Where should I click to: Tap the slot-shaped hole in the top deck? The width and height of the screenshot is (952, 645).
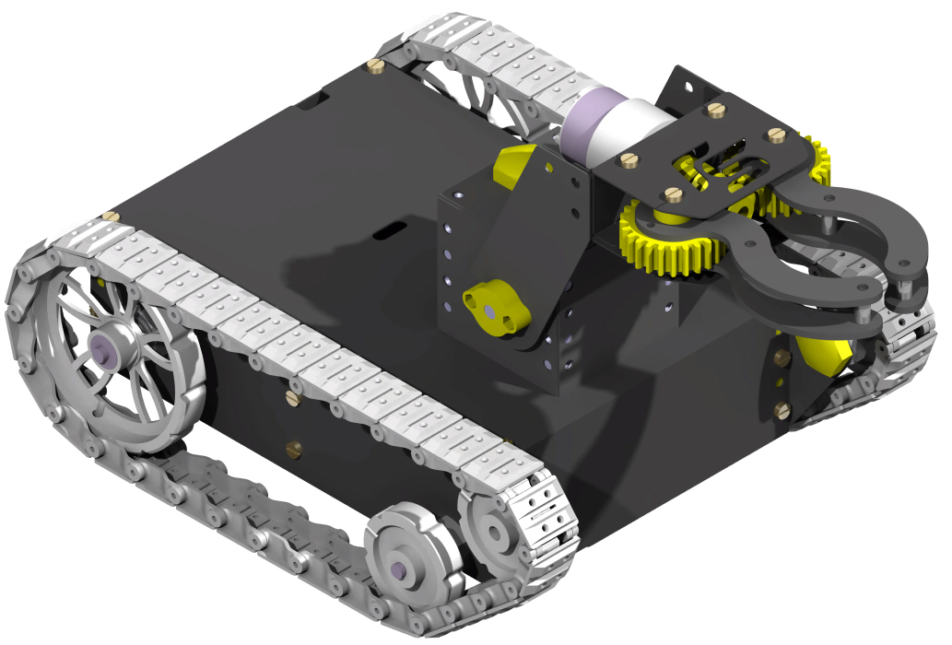click(393, 228)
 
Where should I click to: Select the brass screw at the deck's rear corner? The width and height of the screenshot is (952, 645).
click(375, 65)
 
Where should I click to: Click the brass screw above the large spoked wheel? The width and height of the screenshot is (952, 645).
click(110, 216)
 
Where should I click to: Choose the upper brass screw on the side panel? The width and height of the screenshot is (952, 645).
click(293, 398)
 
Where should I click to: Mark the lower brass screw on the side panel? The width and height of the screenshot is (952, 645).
click(294, 449)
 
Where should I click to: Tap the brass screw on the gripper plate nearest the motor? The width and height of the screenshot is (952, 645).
click(630, 162)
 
